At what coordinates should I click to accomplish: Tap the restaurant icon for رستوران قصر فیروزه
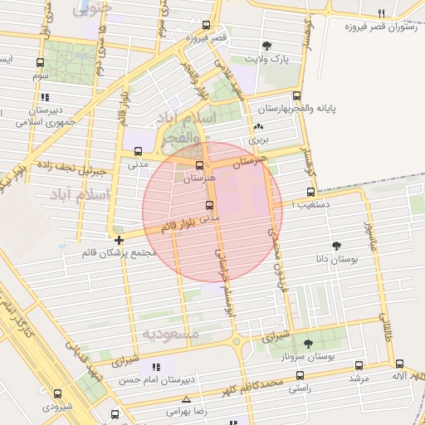382,12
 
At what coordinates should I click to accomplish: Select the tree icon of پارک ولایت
266,46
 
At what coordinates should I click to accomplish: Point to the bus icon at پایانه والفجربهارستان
296,95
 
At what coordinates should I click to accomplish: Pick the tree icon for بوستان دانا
336,246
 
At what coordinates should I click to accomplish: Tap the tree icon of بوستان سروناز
309,343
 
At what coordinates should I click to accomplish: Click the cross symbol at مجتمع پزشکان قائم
120,240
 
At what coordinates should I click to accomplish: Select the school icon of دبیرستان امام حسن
155,366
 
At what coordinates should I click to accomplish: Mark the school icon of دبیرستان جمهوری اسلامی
45,97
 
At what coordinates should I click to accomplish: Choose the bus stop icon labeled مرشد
359,365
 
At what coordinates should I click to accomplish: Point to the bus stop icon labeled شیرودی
57,394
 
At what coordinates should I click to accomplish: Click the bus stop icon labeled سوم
41,63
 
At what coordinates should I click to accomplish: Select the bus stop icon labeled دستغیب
311,192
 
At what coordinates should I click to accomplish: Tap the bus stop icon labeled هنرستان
198,165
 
